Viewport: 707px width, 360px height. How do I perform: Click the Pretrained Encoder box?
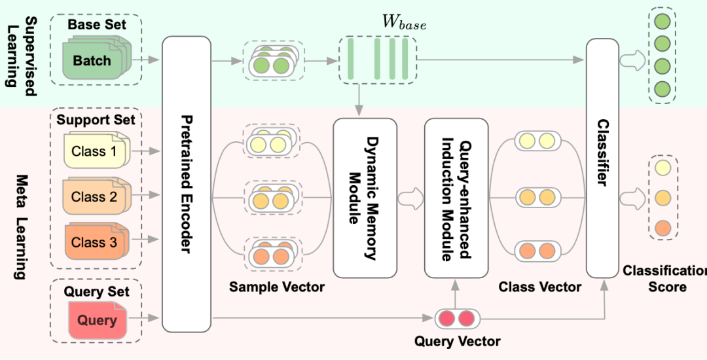pyautogui.click(x=186, y=183)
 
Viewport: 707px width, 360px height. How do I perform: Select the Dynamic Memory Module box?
pyautogui.click(x=365, y=198)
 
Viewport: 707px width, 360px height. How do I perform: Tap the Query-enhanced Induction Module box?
pyautogui.click(x=456, y=198)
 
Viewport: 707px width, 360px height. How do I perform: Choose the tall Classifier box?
pyautogui.click(x=602, y=157)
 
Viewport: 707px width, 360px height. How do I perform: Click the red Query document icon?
pyautogui.click(x=96, y=320)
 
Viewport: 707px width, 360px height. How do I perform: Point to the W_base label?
pyautogui.click(x=404, y=24)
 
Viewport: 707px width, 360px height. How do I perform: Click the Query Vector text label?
pyautogui.click(x=458, y=342)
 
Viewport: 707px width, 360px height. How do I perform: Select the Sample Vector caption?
pyautogui.click(x=277, y=287)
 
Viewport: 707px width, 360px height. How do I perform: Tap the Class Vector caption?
pyautogui.click(x=539, y=287)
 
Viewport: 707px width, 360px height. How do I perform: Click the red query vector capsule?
pyautogui.click(x=457, y=319)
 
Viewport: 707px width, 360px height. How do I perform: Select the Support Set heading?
pyautogui.click(x=96, y=120)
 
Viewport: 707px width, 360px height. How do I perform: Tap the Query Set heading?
pyautogui.click(x=96, y=291)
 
